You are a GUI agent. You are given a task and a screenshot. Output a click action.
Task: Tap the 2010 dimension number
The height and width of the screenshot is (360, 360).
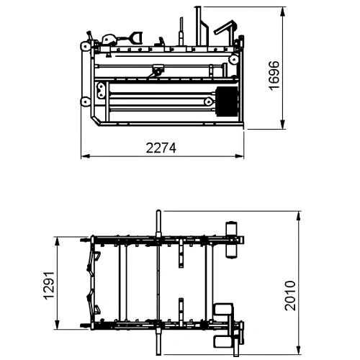pos(289,294)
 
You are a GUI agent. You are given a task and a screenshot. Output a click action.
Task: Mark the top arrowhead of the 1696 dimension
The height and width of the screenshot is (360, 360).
pos(281,8)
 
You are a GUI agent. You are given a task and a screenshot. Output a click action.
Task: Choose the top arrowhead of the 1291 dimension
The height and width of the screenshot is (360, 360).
pos(58,238)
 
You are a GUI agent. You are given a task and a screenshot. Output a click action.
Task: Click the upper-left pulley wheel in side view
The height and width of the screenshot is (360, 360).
pos(86,48)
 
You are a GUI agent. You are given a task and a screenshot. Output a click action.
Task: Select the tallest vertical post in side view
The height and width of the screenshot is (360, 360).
pos(197,25)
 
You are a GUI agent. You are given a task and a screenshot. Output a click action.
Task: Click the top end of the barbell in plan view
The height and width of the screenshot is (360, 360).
pos(158,212)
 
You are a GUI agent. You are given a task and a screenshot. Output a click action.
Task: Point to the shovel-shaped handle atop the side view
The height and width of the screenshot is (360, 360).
pos(135,36)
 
